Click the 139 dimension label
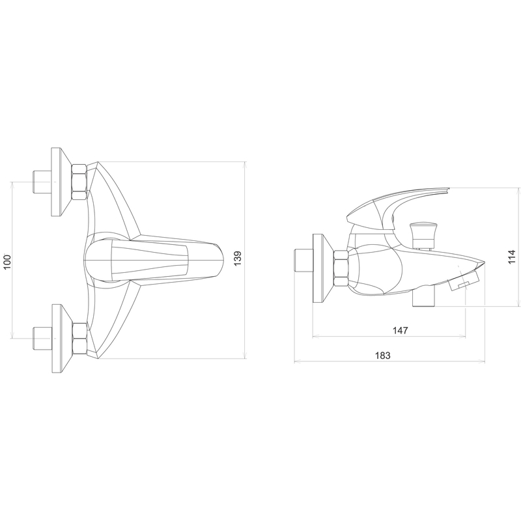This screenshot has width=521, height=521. coord(238,259)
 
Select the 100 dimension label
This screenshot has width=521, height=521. coord(7,262)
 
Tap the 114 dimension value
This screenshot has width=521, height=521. coord(512,257)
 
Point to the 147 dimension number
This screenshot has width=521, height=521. coord(400,330)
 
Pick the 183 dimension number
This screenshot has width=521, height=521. coord(383,356)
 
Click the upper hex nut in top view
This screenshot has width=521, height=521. coord(79,182)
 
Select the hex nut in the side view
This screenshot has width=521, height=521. coord(341,268)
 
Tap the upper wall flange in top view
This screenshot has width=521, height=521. coord(61,182)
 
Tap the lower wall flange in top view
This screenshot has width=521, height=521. coord(62,338)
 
